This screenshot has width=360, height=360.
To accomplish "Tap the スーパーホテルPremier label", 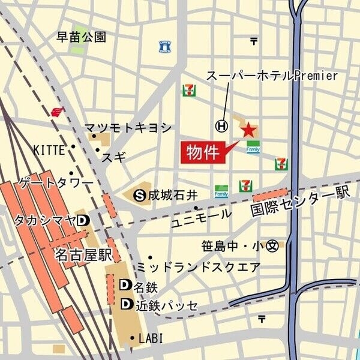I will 272,76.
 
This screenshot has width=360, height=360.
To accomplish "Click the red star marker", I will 248,129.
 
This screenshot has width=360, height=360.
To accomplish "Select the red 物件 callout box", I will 202,151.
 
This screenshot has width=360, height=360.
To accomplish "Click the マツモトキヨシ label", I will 128,128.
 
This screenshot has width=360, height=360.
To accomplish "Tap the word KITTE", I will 49,149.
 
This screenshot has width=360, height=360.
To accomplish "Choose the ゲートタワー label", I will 56,182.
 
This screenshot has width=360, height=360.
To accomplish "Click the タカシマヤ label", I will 45,220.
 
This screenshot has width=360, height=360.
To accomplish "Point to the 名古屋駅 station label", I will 83,254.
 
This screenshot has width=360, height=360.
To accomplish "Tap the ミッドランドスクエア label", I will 198,266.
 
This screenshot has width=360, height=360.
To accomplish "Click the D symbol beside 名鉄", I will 126,284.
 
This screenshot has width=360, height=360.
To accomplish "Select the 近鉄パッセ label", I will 166,305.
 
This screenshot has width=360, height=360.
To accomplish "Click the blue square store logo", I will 164,46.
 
